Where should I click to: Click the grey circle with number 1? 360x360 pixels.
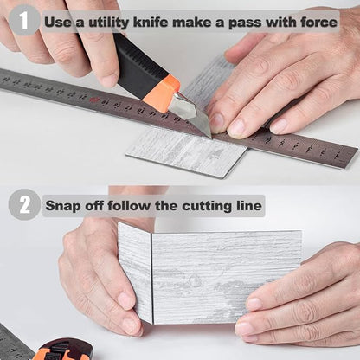24,20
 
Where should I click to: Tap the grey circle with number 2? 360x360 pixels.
24,205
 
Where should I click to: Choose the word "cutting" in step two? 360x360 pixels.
207,207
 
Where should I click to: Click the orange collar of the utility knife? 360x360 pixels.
162,93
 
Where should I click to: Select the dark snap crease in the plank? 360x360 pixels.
151,278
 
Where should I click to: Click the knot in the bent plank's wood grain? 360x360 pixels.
194,280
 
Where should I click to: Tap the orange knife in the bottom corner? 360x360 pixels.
62,350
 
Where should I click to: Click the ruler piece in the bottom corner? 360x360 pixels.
15,344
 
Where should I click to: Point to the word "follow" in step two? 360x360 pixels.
129,206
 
